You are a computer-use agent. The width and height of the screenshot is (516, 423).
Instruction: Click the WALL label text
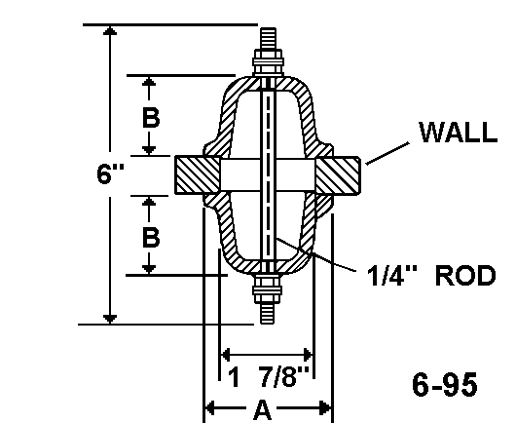tap(459, 133)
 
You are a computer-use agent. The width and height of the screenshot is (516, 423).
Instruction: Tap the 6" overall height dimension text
tap(111, 173)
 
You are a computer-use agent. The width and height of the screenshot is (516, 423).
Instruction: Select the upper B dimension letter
tap(151, 118)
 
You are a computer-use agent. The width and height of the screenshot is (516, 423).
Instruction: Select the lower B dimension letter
tap(151, 237)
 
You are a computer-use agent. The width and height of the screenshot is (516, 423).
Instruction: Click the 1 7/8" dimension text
tap(269, 376)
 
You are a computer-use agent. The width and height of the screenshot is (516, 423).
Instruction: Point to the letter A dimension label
tap(263, 410)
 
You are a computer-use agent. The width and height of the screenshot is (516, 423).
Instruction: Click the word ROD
tap(465, 276)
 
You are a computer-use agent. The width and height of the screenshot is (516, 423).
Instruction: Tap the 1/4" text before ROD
tap(391, 275)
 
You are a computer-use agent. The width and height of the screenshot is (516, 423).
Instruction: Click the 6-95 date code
tap(445, 385)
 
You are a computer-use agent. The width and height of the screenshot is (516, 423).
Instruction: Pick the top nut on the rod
tap(268, 62)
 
